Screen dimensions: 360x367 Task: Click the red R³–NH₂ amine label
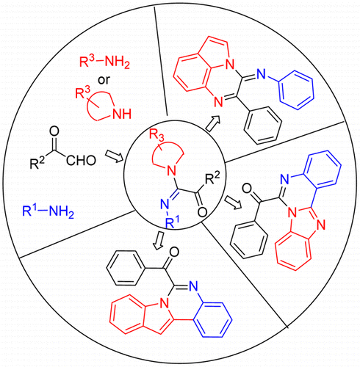[x=104, y=62]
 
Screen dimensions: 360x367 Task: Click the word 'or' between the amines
[x=104, y=80]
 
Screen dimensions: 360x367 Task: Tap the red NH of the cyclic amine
[x=121, y=114]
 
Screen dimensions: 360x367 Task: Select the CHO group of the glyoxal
[x=81, y=161]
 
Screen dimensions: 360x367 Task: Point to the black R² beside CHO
[x=37, y=163]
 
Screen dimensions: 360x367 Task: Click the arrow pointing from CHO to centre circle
[x=115, y=157]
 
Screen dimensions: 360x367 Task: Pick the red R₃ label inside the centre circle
[x=156, y=135]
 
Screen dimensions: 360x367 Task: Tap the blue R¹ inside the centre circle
[x=173, y=222]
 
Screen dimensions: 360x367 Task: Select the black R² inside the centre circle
[x=212, y=178]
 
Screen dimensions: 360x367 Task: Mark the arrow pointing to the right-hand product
[x=233, y=202]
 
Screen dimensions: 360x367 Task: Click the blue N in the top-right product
[x=262, y=73]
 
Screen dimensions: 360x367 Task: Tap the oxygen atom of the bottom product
[x=174, y=252]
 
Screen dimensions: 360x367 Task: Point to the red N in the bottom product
[x=165, y=304]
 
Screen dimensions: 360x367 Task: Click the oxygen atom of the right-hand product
[x=248, y=189]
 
